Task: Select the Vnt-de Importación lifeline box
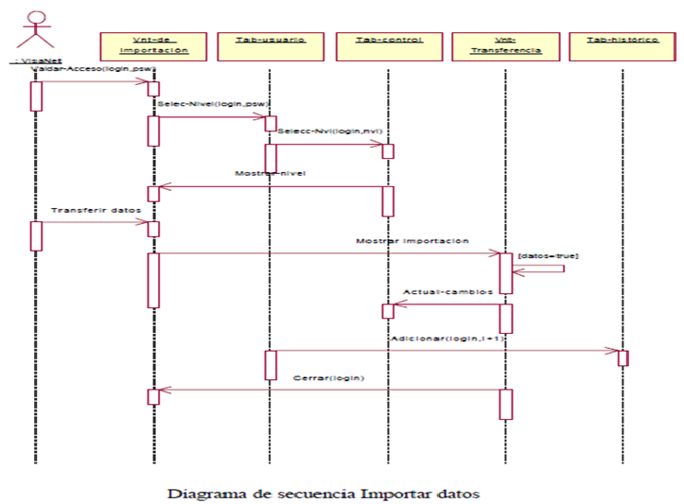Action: [x=154, y=45]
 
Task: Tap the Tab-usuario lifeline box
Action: [x=272, y=45]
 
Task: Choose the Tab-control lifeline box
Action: [x=387, y=45]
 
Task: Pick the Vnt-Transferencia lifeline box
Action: [x=505, y=45]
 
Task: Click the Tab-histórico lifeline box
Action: [x=623, y=45]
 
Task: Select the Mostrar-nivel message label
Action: [x=270, y=174]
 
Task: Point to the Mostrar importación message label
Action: [x=412, y=241]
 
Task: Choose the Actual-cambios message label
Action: [x=447, y=292]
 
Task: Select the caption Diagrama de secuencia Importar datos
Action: [x=324, y=494]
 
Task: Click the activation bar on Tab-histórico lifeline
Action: [x=623, y=358]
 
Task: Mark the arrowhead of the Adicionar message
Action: [x=613, y=351]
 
